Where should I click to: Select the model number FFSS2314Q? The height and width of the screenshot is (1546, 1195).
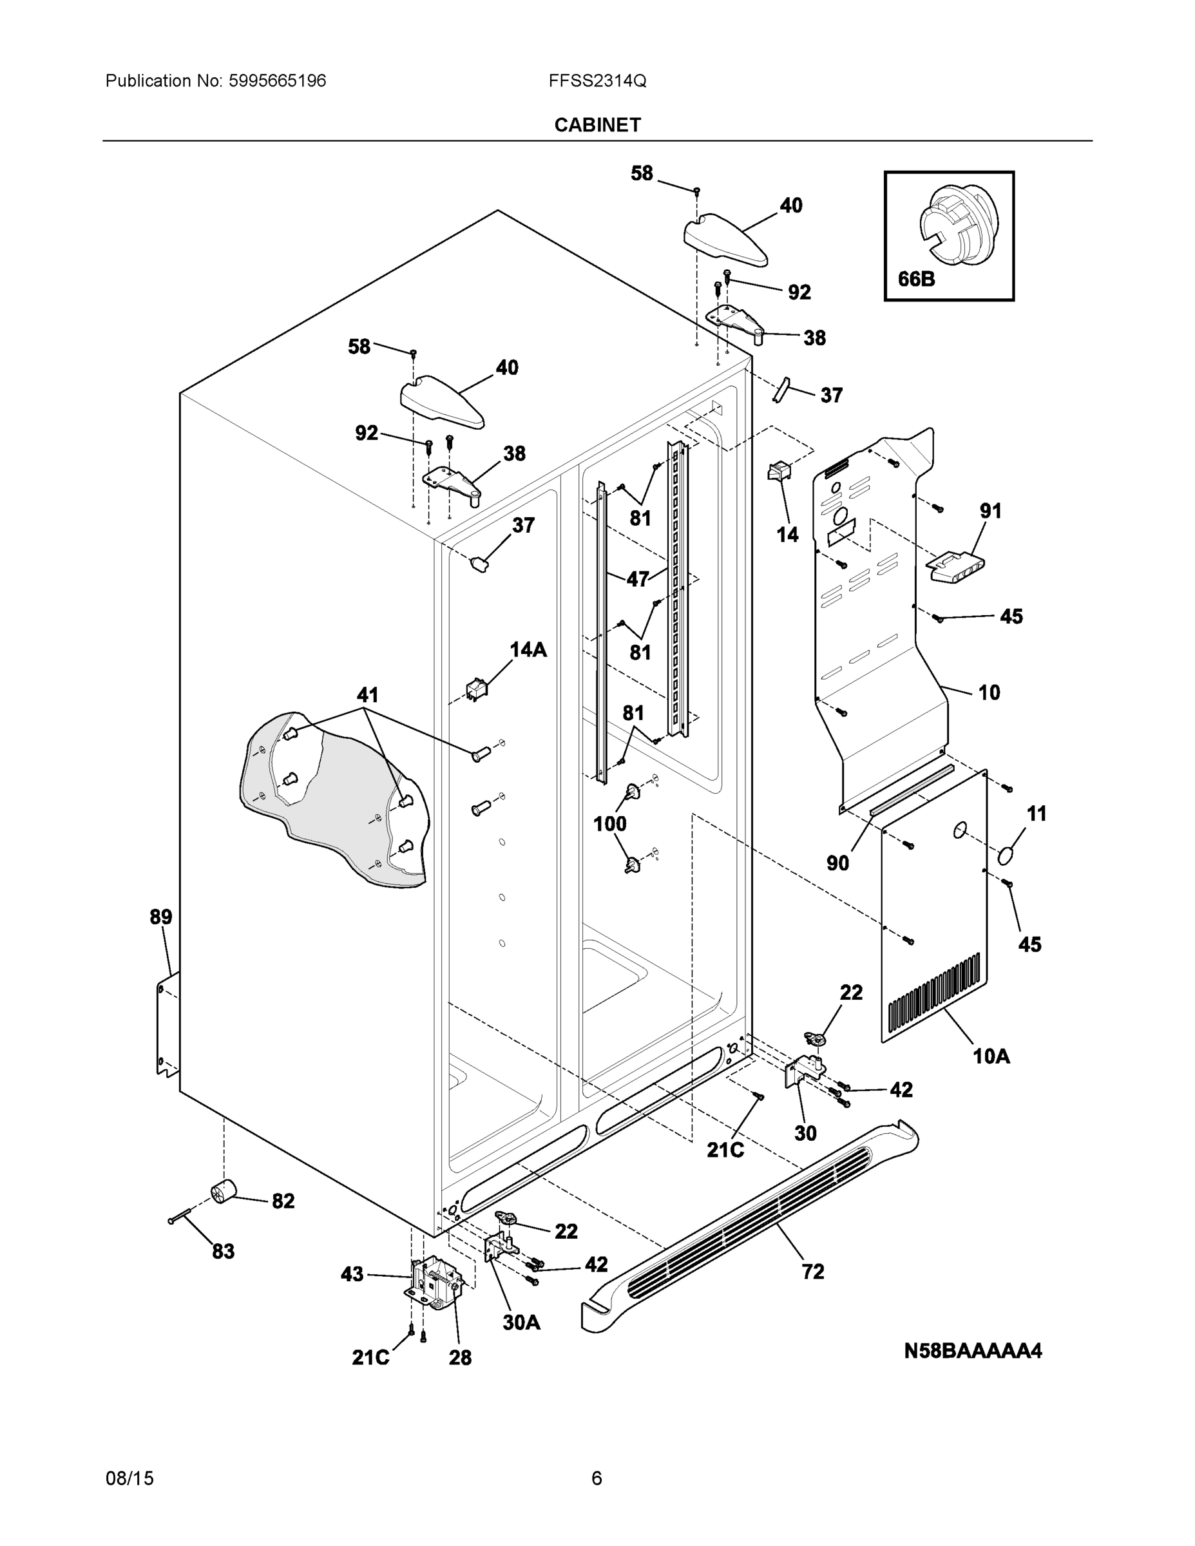597,81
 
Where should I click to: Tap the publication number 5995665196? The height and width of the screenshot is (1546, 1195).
277,81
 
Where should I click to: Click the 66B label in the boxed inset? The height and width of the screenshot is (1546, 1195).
916,279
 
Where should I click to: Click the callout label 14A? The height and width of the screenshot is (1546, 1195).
528,649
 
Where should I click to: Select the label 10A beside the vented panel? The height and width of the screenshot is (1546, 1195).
991,1057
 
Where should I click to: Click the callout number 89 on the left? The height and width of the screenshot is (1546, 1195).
160,917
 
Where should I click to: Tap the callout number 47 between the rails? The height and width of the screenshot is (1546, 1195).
637,579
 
